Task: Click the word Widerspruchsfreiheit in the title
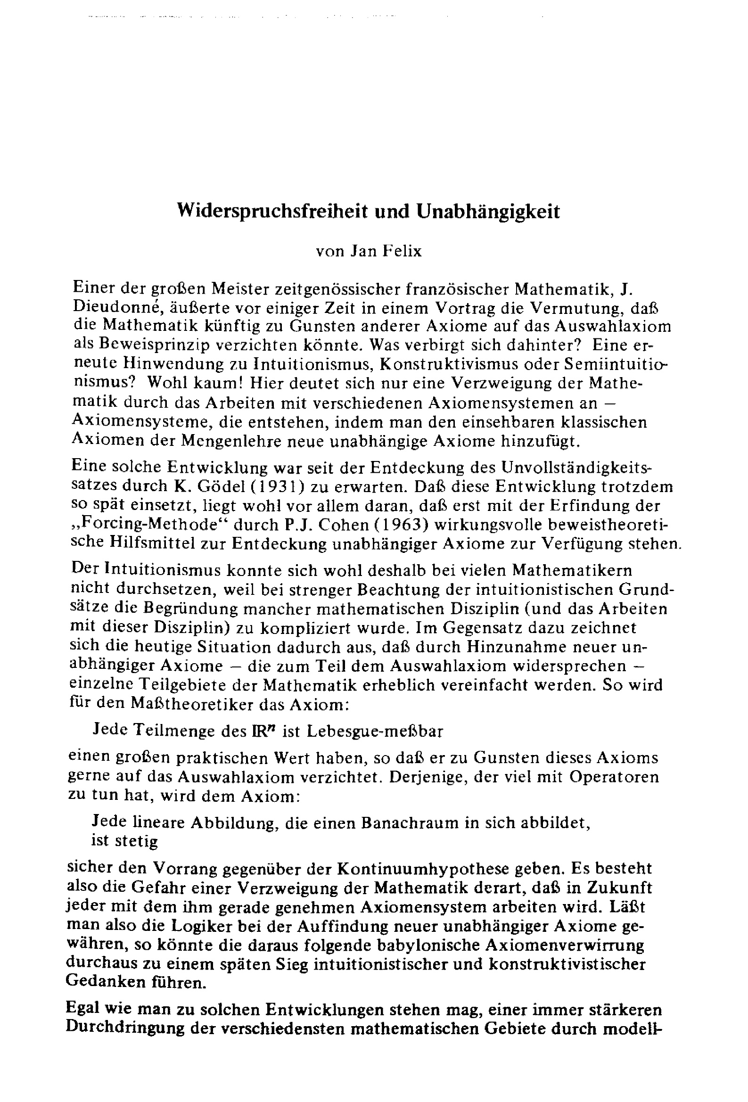click(272, 211)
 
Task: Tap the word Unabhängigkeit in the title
click(488, 211)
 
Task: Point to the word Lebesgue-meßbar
click(374, 731)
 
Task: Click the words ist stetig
click(124, 841)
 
